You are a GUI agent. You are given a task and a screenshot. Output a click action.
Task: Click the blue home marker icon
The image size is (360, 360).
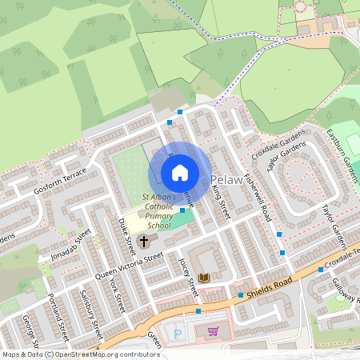click(180, 172)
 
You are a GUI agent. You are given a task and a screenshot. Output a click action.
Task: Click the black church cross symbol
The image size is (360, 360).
click(145, 240)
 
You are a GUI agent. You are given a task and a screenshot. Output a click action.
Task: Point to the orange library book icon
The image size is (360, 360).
click(203, 278)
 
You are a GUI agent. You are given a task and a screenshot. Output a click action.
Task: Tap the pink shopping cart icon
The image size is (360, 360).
click(213, 330)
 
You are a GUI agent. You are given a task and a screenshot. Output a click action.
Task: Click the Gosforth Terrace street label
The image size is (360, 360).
click(59, 186)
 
